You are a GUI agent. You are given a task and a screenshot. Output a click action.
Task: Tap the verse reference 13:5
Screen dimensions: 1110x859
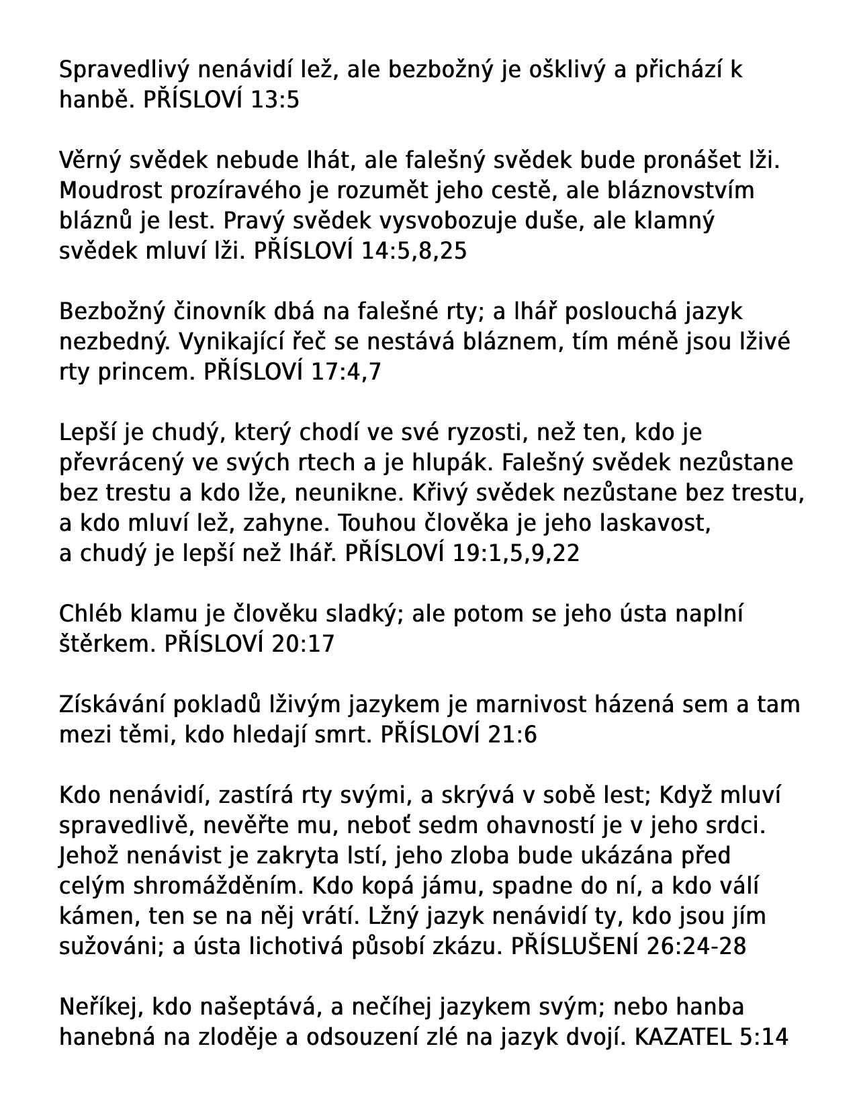click(274, 100)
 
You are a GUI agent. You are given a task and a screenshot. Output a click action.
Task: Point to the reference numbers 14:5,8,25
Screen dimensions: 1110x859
click(414, 251)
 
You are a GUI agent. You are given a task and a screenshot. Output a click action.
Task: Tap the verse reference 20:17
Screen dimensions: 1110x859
click(303, 644)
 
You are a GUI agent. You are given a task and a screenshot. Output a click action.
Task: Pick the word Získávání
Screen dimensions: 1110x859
click(111, 705)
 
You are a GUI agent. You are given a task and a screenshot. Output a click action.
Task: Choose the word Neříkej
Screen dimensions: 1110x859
click(102, 1007)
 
